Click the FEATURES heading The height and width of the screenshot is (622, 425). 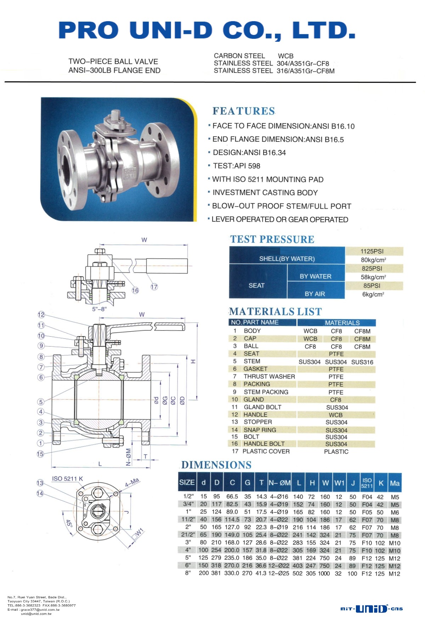[x=243, y=111]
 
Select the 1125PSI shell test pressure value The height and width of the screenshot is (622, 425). [x=372, y=251]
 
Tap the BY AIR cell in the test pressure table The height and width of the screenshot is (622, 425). [x=315, y=294]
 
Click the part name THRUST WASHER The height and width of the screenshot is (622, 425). [x=269, y=377]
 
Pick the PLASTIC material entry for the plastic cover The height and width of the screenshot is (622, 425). [x=336, y=452]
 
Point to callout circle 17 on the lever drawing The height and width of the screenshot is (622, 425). [x=154, y=287]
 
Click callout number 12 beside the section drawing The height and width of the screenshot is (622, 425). [x=41, y=315]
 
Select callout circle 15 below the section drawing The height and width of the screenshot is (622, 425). [x=40, y=454]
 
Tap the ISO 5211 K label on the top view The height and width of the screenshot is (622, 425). [x=67, y=479]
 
